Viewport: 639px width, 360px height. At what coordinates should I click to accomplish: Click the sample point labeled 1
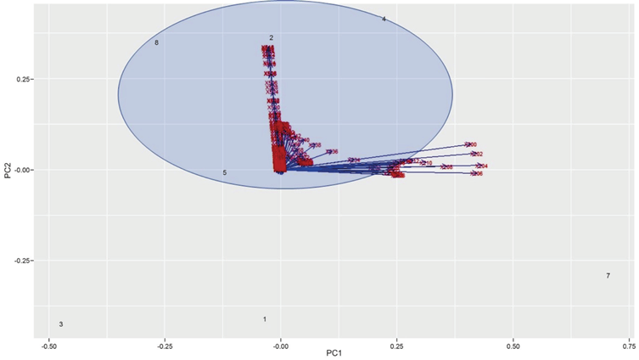265,319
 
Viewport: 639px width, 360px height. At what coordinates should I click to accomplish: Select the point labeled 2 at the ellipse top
272,38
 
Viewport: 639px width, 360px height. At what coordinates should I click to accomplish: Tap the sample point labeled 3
61,324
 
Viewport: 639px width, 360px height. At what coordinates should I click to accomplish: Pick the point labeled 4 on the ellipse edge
384,19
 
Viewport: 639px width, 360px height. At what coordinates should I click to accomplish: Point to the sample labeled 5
225,173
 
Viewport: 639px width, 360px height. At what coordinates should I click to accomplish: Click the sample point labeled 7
608,276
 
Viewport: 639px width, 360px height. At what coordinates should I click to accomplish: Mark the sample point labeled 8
157,42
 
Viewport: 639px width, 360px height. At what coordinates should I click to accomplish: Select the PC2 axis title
7,169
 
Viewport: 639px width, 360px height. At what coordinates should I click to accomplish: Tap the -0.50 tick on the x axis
49,346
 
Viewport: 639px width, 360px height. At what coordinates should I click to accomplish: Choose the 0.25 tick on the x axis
397,346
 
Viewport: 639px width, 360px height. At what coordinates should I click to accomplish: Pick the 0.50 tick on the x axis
513,346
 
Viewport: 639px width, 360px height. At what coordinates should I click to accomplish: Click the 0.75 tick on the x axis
628,346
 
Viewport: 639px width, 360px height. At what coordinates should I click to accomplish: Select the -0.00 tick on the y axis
22,170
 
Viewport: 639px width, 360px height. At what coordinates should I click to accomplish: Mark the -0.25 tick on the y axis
22,261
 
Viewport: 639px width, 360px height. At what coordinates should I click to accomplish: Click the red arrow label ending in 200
471,145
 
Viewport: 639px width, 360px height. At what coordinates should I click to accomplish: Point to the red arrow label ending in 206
477,173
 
